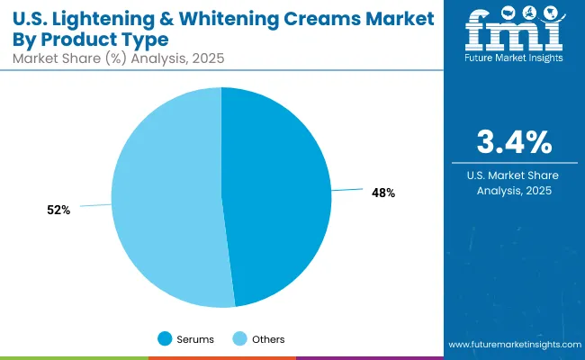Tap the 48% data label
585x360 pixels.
coord(383,193)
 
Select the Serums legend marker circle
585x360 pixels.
coord(165,338)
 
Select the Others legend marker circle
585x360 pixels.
coord(238,338)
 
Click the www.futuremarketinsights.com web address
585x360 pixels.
coord(513,345)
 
